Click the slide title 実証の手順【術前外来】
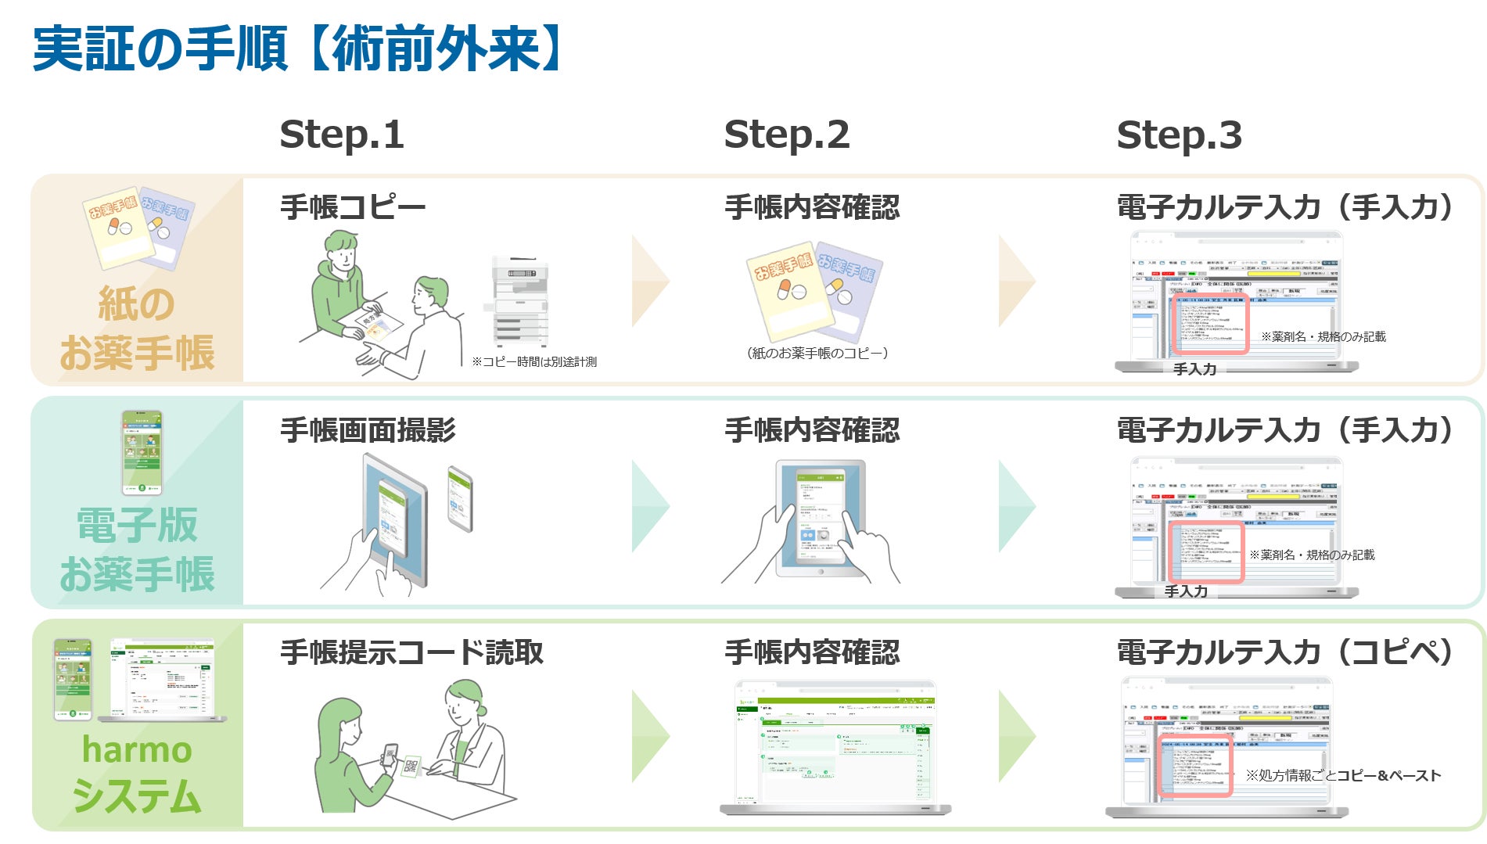click(297, 48)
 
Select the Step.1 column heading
click(342, 135)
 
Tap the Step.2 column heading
click(786, 135)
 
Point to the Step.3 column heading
click(1179, 135)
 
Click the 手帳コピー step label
click(353, 207)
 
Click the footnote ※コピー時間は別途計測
click(534, 362)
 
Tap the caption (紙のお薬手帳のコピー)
click(817, 354)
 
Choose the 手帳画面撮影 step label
click(368, 430)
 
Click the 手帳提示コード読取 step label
click(411, 652)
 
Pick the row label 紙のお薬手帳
click(136, 329)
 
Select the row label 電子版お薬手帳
click(136, 549)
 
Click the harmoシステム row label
click(136, 773)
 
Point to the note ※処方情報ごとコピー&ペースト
click(1343, 775)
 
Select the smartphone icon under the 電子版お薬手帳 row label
click(142, 452)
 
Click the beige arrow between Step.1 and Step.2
click(650, 281)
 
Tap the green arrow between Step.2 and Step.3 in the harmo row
click(1017, 736)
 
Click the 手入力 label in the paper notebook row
click(1194, 369)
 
